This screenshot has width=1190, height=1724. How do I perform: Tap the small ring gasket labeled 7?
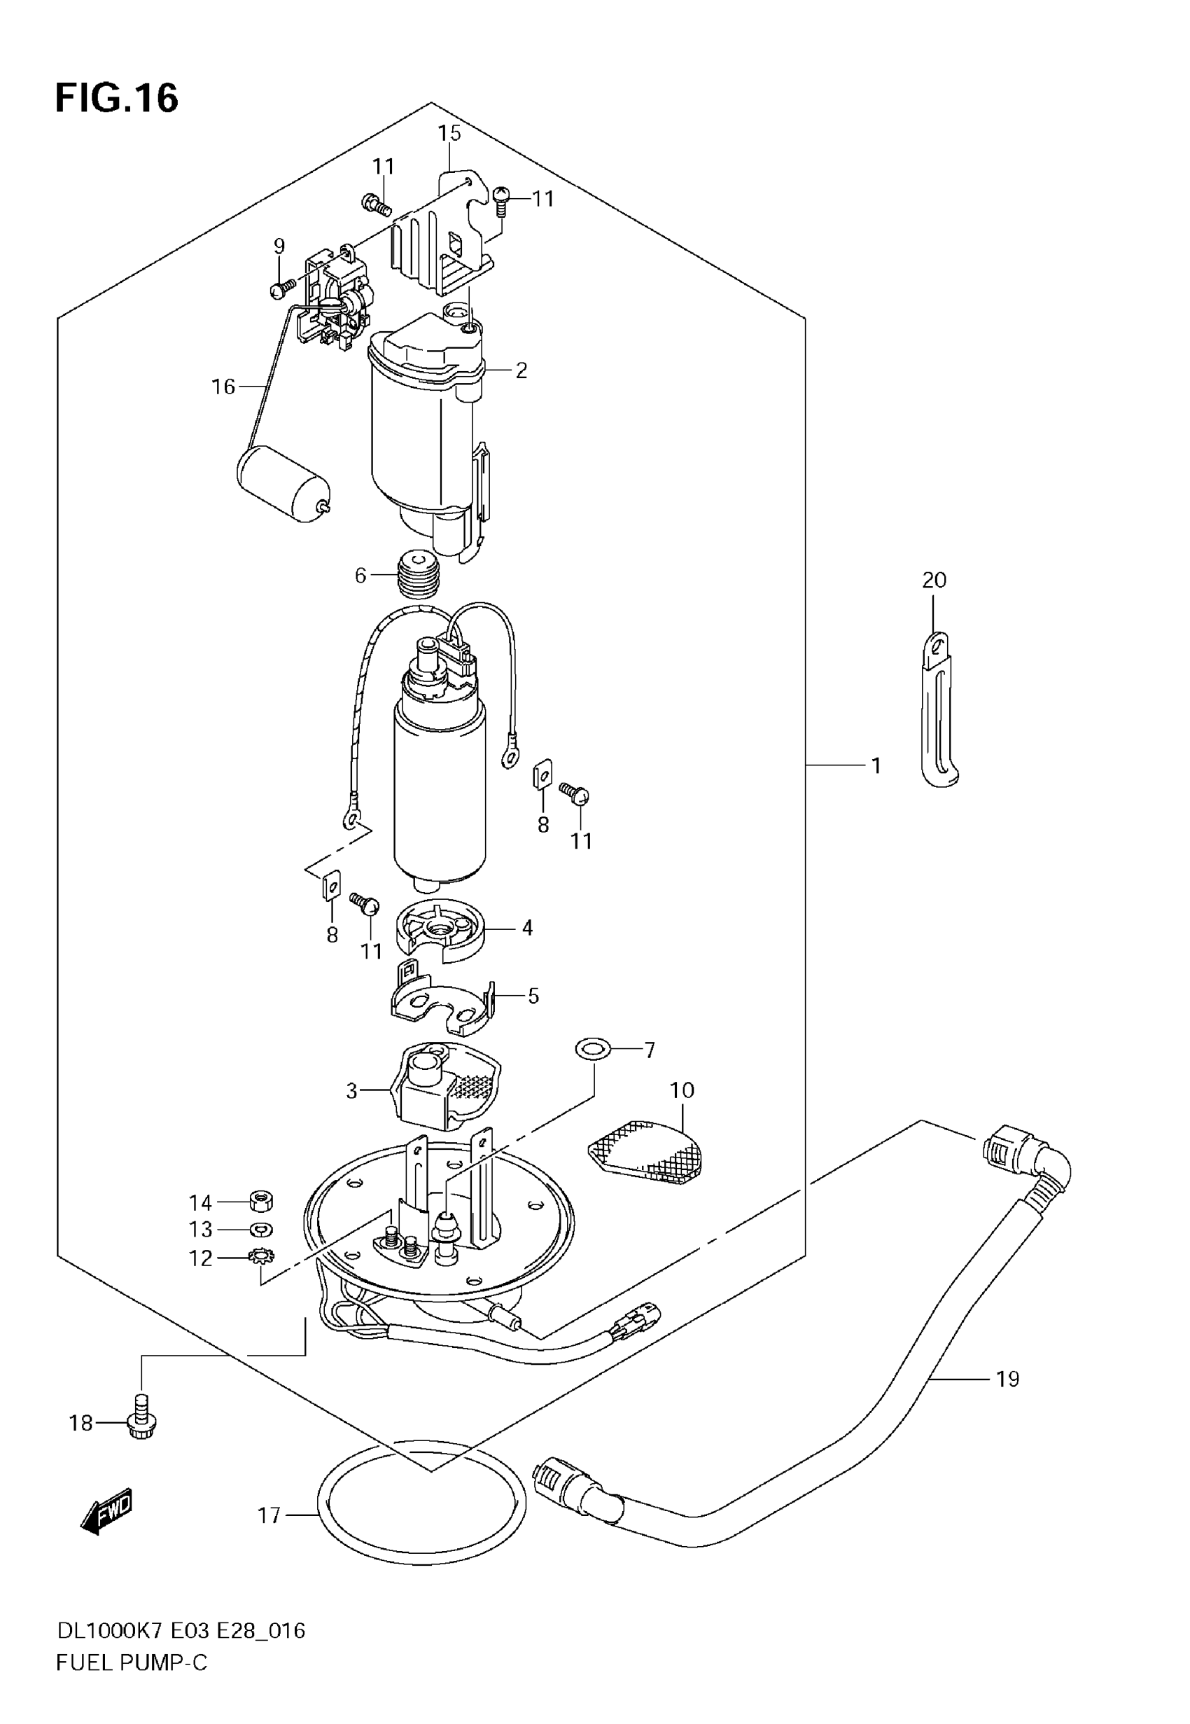[x=593, y=1050]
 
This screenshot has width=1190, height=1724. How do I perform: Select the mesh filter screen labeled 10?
[x=646, y=1156]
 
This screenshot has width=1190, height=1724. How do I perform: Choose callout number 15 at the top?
[x=449, y=134]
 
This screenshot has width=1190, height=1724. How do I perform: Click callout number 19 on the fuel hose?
[x=1007, y=1379]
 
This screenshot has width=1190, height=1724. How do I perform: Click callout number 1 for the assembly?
[x=876, y=766]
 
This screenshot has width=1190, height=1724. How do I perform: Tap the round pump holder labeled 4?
[x=439, y=929]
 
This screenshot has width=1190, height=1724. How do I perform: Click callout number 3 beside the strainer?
[x=352, y=1092]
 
